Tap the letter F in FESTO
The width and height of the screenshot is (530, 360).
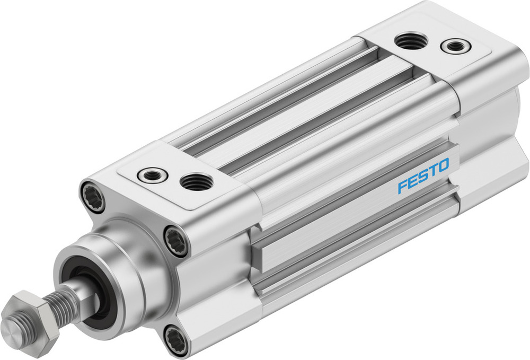point(403,186)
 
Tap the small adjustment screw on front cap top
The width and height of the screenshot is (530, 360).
point(153,173)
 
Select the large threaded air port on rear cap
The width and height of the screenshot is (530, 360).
point(411,40)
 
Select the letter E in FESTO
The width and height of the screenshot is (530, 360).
point(413,181)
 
